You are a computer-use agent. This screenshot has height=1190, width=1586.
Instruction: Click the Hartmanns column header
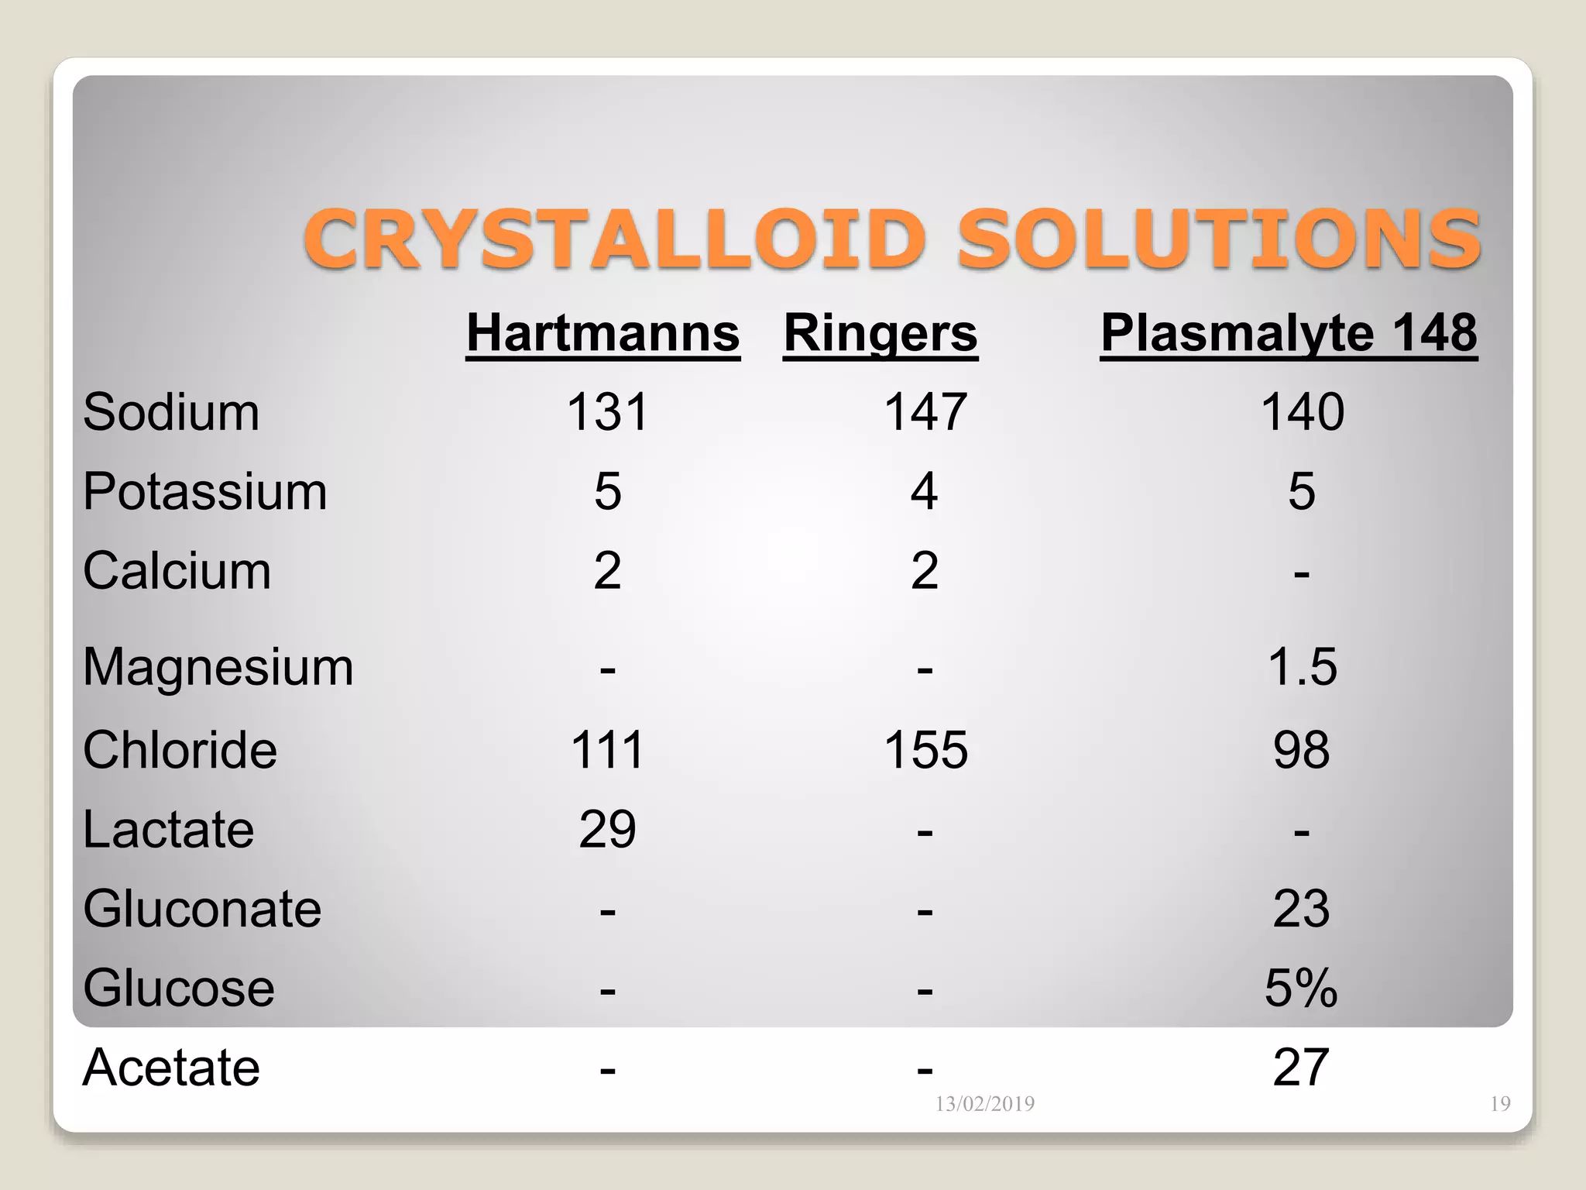click(x=603, y=333)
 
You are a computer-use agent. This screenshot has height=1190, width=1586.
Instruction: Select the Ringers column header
click(x=881, y=333)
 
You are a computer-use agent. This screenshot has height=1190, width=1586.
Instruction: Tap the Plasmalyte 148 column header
click(x=1289, y=333)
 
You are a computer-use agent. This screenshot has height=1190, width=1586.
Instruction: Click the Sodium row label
click(x=171, y=411)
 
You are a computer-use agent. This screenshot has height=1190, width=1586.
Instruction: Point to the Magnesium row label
click(x=218, y=667)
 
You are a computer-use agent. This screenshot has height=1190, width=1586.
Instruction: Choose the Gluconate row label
click(x=202, y=909)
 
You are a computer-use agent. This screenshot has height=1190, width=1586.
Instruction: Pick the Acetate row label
click(x=171, y=1068)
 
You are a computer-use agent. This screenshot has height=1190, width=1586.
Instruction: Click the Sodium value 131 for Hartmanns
click(x=607, y=411)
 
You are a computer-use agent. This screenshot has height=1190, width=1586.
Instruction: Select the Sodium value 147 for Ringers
click(x=925, y=411)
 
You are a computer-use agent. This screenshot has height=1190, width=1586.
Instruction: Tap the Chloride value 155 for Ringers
click(x=925, y=750)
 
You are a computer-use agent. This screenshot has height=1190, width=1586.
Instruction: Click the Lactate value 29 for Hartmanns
click(x=607, y=830)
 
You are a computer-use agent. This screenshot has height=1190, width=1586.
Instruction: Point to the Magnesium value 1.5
click(x=1302, y=667)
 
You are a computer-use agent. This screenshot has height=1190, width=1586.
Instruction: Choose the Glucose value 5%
click(x=1301, y=989)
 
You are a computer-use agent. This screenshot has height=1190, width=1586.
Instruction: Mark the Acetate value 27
click(x=1301, y=1068)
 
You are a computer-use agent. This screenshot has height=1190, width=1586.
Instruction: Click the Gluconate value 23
click(x=1301, y=909)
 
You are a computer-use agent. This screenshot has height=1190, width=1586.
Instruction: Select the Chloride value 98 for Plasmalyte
click(x=1301, y=750)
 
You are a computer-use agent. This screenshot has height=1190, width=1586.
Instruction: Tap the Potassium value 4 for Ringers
click(x=925, y=491)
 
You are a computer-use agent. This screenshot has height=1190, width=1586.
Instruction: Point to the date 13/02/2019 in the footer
click(x=984, y=1103)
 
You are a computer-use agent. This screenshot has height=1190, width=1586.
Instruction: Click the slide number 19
click(x=1500, y=1103)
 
